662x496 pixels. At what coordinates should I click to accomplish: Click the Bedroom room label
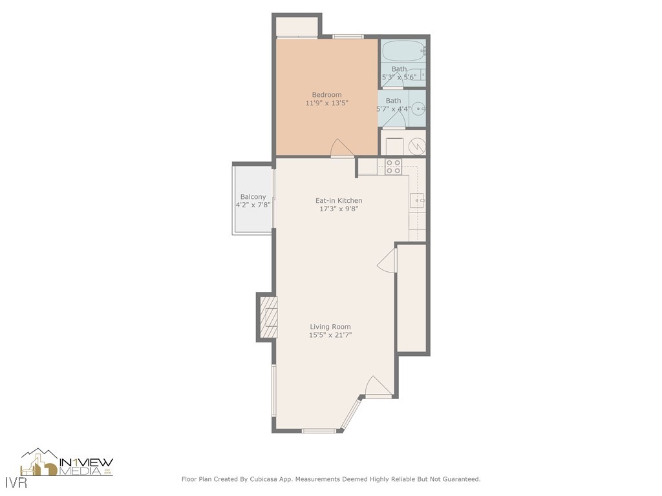(326, 95)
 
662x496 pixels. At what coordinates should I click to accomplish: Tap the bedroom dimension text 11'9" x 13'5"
(326, 103)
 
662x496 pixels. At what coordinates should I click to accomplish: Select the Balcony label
(253, 197)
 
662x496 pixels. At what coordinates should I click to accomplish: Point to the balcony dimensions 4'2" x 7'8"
(253, 205)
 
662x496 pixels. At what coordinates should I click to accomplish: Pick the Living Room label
(330, 327)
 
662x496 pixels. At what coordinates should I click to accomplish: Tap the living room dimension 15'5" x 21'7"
(330, 335)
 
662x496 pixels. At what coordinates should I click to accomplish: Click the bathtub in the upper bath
(402, 50)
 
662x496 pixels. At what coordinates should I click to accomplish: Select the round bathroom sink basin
(418, 109)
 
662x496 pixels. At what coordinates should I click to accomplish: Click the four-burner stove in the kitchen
(393, 166)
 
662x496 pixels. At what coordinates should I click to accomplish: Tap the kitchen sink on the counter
(417, 201)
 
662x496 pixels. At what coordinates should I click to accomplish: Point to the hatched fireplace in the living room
(268, 317)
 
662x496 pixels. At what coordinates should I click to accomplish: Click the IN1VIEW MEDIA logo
(67, 463)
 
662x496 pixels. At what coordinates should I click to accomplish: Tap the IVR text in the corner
(13, 483)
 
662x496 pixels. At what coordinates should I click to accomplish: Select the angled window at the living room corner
(350, 415)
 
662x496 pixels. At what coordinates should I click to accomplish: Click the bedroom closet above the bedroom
(297, 27)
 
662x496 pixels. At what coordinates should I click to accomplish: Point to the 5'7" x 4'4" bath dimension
(393, 109)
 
